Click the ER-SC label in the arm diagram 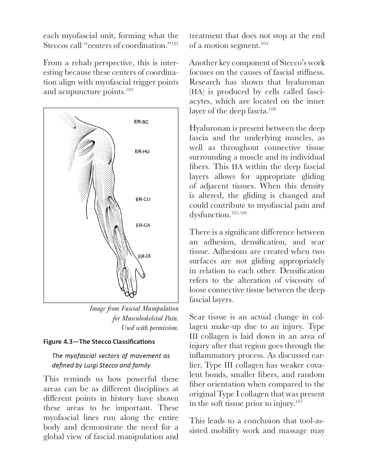point(141,122)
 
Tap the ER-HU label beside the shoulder point(142,151)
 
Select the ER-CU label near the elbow point(143,199)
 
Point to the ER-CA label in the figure point(143,225)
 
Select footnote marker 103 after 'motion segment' point(264,44)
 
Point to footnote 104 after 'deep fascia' point(272,109)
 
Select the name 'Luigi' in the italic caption point(91,365)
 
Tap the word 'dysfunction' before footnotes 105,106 point(209,215)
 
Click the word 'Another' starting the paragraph point(203,63)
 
